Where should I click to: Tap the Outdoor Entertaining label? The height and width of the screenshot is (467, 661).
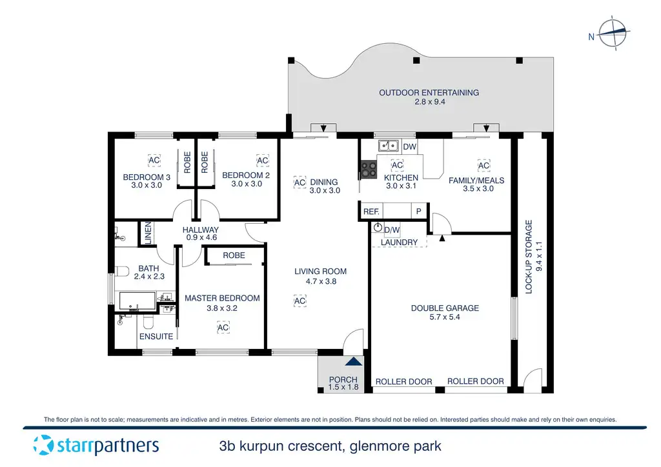(x=429, y=93)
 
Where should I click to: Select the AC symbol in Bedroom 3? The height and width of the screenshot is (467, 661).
(x=154, y=160)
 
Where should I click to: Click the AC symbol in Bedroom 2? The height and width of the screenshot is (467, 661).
(x=262, y=160)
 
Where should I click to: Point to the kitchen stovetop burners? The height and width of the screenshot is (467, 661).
(x=369, y=169)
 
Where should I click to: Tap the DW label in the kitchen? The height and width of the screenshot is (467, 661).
(x=410, y=147)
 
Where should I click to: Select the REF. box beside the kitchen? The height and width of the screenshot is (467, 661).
(x=371, y=211)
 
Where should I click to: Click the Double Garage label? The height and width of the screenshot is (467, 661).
(x=445, y=308)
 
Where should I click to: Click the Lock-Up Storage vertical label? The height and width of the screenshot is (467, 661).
(x=529, y=257)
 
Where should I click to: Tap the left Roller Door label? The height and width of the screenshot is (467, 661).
(x=404, y=382)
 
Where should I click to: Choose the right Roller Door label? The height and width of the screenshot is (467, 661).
(x=476, y=381)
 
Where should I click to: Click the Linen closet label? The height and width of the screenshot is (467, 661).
(x=147, y=234)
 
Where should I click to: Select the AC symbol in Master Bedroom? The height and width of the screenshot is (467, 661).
(x=223, y=328)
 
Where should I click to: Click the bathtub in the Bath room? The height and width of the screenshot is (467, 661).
(x=137, y=301)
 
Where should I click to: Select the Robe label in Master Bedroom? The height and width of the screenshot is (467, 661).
(x=234, y=255)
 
